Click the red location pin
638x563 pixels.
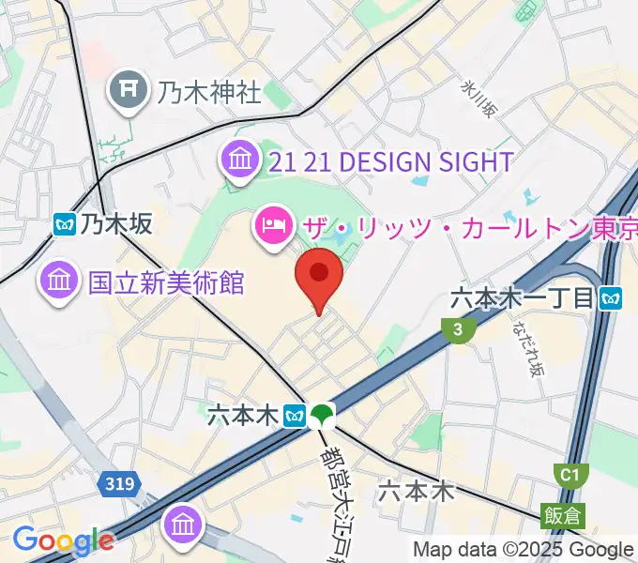coord(319,275)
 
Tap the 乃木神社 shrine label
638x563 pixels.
coord(209,91)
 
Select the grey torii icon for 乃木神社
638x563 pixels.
coord(127,91)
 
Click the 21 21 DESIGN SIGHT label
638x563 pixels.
coord(389,161)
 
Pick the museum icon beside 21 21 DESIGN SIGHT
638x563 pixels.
coord(240,160)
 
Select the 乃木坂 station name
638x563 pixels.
coord(115,223)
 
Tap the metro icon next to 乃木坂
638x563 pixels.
coord(65,223)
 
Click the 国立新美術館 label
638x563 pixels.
coord(166,281)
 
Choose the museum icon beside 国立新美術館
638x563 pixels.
coord(59,281)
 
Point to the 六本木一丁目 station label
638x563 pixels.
coord(523,298)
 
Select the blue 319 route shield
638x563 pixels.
coord(119,484)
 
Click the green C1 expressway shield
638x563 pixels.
coord(569,475)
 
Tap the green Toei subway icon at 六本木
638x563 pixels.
coord(323,414)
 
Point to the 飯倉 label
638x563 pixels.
coord(561,514)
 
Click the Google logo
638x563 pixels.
coord(63,540)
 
